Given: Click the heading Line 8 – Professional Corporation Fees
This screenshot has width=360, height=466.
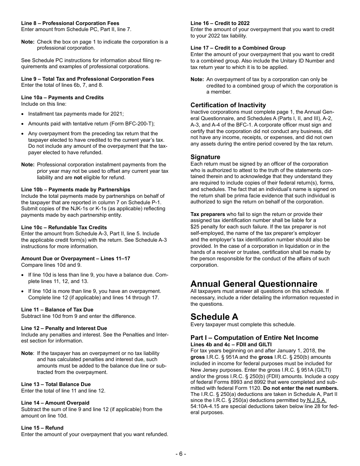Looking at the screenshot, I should pyautogui.click(x=70, y=23).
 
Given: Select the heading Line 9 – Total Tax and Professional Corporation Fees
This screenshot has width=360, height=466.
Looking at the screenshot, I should pyautogui.click(x=88, y=79).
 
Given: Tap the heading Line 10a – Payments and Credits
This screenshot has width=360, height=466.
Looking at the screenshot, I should pyautogui.click(x=62, y=97).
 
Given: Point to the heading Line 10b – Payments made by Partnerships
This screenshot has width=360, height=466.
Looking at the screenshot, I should pyautogui.click(x=75, y=189).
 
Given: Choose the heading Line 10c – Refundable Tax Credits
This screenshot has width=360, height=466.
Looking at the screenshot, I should pyautogui.click(x=64, y=227).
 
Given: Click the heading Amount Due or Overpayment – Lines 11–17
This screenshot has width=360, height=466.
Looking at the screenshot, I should pyautogui.click(x=75, y=258).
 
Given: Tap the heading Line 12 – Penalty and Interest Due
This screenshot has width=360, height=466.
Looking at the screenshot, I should pyautogui.click(x=64, y=328).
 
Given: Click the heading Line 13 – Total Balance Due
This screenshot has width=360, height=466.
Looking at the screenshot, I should pyautogui.click(x=56, y=384).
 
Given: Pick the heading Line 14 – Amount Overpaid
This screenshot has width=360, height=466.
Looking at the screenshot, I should pyautogui.click(x=55, y=403).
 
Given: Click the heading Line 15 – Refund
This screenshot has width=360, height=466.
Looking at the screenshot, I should pyautogui.click(x=42, y=428).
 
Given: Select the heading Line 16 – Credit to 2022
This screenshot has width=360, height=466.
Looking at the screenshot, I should pyautogui.click(x=220, y=23).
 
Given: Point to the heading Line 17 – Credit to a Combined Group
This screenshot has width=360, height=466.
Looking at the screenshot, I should pyautogui.click(x=238, y=48).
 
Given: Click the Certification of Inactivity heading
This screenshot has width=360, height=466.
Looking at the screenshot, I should pyautogui.click(x=228, y=105).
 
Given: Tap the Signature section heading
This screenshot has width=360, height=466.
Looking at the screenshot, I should pyautogui.click(x=205, y=157).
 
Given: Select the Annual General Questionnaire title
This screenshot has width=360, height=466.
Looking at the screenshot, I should pyautogui.click(x=254, y=284).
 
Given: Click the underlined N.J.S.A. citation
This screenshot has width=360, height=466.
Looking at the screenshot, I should pyautogui.click(x=317, y=400).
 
